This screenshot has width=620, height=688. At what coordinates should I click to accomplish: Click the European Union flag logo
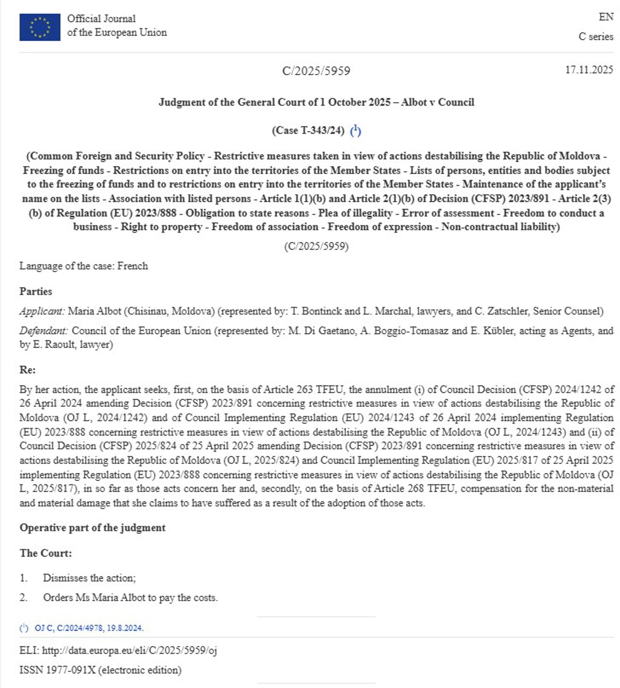click(x=40, y=27)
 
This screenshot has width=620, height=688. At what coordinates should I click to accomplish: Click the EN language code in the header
click(x=606, y=17)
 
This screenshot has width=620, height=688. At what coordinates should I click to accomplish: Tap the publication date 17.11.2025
click(x=589, y=70)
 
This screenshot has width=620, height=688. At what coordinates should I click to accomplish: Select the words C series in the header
click(x=596, y=37)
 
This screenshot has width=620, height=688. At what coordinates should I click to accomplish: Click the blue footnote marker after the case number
click(x=356, y=130)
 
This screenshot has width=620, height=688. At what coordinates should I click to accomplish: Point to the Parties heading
click(x=35, y=291)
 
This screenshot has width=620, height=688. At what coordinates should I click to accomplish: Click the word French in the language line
click(x=132, y=266)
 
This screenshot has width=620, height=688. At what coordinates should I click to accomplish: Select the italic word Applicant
click(x=42, y=311)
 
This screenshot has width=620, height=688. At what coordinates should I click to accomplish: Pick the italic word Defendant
click(x=44, y=331)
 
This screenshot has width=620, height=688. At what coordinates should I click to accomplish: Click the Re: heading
click(x=27, y=370)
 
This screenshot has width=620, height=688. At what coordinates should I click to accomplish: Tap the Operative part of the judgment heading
click(x=92, y=528)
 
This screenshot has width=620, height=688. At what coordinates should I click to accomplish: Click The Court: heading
click(x=46, y=553)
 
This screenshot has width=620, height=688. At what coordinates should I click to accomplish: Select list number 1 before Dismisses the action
click(x=23, y=578)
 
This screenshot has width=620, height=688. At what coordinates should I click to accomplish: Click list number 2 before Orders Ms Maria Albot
click(x=23, y=598)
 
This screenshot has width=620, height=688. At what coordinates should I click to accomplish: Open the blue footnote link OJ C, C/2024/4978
click(x=89, y=628)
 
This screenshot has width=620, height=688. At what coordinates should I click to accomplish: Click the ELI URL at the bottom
click(x=129, y=651)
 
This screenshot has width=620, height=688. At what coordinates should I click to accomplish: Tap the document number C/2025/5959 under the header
click(x=316, y=71)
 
